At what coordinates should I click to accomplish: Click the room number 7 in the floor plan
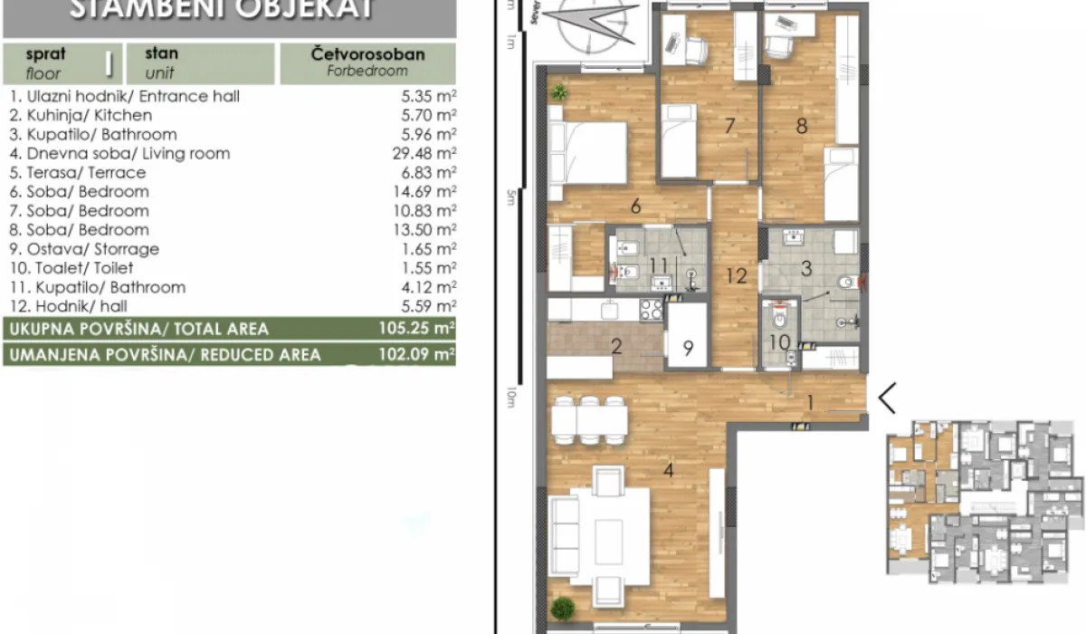[730, 126]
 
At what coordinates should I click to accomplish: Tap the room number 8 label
[801, 126]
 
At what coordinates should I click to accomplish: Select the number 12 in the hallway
[736, 276]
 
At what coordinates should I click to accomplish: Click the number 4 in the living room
[668, 470]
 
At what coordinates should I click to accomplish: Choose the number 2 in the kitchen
[615, 345]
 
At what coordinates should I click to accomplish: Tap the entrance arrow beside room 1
[888, 398]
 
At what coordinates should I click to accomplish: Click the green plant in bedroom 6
[559, 91]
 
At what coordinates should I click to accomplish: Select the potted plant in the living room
[563, 607]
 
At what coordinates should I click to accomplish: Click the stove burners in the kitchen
[651, 310]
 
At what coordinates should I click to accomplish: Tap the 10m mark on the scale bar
[512, 396]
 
